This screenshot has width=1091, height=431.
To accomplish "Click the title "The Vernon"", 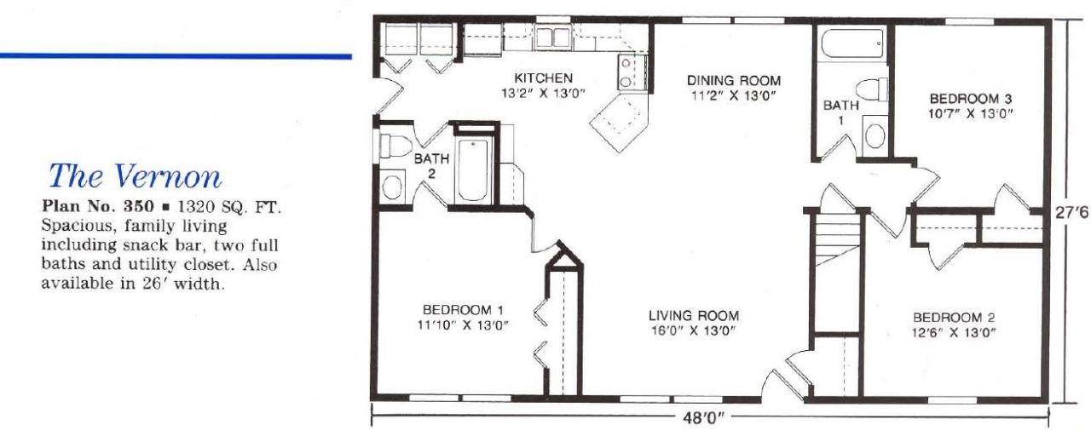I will [135, 175].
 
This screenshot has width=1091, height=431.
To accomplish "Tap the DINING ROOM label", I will [734, 81].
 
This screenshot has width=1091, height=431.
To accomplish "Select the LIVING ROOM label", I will [693, 314].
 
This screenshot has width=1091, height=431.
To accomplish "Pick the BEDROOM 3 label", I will [970, 97].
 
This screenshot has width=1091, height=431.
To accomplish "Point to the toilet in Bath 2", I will [395, 147].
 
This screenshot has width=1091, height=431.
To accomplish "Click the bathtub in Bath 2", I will [471, 170].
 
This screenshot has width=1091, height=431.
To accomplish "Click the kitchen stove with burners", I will [627, 72].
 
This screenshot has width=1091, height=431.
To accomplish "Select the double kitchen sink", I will [552, 37].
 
